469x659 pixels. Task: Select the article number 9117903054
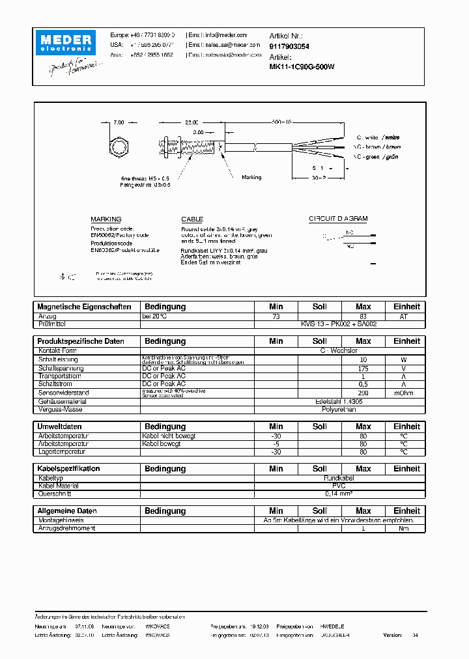tap(289, 47)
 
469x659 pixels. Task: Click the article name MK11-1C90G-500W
tap(302, 66)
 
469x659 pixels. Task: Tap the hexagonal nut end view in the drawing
tap(119, 146)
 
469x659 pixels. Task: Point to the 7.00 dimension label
tap(118, 122)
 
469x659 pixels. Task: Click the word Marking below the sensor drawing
tap(251, 177)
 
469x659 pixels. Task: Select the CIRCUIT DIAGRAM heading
tap(338, 219)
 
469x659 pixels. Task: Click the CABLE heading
tap(192, 219)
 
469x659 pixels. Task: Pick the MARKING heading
tap(106, 219)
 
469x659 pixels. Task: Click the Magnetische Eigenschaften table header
tap(85, 307)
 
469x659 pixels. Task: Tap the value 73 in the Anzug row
tap(276, 316)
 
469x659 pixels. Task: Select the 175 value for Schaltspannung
tap(363, 369)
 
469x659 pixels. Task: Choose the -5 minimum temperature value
tap(276, 443)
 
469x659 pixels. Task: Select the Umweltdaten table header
tap(59, 427)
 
